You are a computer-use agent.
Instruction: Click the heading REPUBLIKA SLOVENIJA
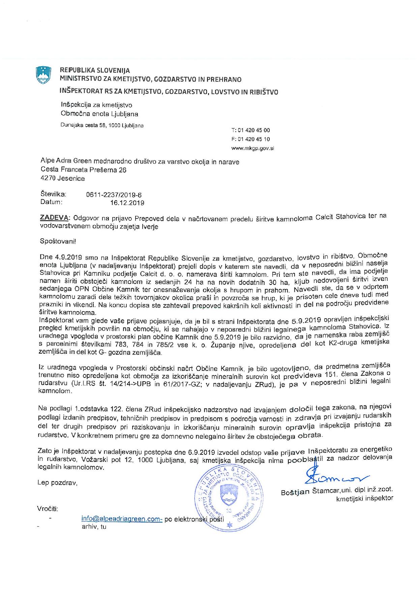point(95,70)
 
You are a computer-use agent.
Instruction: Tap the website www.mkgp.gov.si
point(252,148)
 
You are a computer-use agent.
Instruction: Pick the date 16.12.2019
point(127,203)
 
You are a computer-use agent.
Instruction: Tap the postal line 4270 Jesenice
point(62,178)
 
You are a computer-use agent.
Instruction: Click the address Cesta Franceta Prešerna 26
point(83,170)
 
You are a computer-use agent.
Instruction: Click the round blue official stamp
point(229,495)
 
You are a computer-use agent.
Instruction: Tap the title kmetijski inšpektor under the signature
point(364,498)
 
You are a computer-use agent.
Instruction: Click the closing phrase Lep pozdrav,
point(57,483)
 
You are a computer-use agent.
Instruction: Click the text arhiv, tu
point(94,527)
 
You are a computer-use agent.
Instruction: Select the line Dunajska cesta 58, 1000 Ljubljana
point(102,126)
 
